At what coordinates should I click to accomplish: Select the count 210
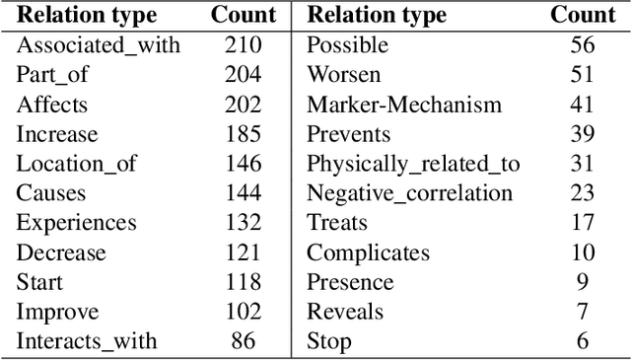[242, 45]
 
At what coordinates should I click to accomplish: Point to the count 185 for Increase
[242, 134]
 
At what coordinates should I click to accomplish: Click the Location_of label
[76, 164]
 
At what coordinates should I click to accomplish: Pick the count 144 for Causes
[242, 193]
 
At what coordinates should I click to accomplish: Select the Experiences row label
[76, 223]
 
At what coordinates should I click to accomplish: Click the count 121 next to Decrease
[242, 252]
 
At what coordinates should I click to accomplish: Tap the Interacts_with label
[86, 341]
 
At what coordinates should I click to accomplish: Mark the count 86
[242, 341]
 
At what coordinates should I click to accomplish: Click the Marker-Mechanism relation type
[404, 105]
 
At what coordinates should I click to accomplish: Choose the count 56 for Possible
[582, 45]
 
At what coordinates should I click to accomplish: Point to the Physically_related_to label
[413, 164]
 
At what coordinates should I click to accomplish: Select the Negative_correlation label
[410, 193]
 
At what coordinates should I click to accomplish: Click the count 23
[582, 193]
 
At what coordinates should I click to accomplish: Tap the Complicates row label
[368, 252]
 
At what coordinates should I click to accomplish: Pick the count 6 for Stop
[582, 341]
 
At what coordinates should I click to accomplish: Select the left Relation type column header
[86, 15]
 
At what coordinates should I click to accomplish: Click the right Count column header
[582, 15]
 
